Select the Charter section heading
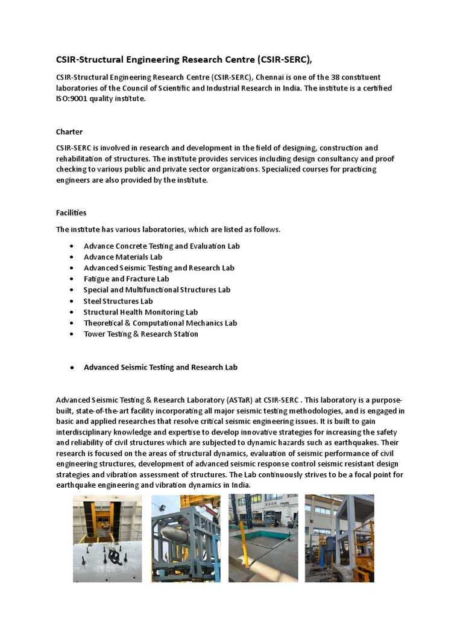point(69,132)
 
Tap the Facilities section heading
point(71,212)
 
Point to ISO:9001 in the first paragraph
point(73,99)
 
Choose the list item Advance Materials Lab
point(123,257)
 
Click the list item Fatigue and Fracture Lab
point(126,279)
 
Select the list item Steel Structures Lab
point(118,301)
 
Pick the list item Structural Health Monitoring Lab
point(140,312)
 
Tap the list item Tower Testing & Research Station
point(140,334)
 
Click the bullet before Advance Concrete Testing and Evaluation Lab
point(72,246)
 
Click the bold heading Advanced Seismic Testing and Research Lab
point(160,367)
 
